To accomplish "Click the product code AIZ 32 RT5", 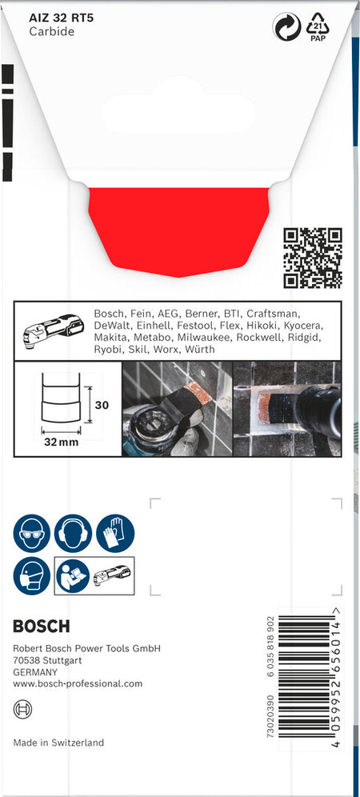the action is point(61,18).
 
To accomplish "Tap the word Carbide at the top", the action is point(51,31).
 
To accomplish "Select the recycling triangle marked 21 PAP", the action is point(318,27).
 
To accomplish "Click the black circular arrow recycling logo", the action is point(286,26).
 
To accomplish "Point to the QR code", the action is point(313,258).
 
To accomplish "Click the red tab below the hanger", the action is point(179,232).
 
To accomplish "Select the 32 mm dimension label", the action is point(61,442).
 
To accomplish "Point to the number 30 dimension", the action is point(102,405).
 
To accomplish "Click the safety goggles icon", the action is point(31,533).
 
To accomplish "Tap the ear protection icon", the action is point(74,533).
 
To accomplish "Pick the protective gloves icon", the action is point(115,533).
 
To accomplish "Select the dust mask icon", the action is point(31,575).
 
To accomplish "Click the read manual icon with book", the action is point(73,576).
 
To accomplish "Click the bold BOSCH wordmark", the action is point(42,627).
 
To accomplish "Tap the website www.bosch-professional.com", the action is point(78,683).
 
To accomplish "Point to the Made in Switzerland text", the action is point(58,743).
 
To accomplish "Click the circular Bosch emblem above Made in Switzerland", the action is point(23,709).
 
